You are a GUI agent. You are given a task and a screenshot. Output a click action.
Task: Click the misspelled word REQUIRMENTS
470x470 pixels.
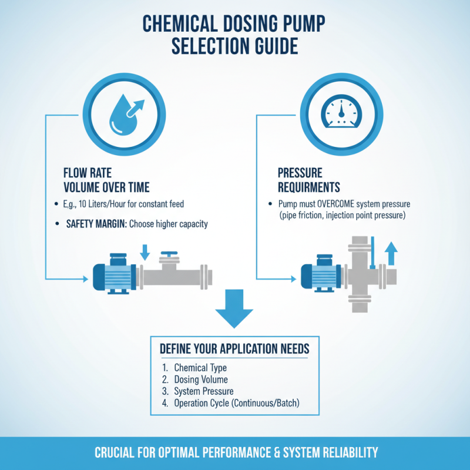308,187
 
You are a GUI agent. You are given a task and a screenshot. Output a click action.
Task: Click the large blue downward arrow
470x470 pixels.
234,307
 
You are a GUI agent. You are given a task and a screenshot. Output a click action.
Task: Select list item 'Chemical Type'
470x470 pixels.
200,368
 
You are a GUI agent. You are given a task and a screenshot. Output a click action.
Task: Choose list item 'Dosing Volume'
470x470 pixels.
201,380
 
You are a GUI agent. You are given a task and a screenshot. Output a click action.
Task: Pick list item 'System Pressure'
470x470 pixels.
204,391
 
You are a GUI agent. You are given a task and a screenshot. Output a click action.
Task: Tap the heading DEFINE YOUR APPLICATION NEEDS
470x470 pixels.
234,348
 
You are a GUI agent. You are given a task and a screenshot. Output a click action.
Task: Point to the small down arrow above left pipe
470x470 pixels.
146,251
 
